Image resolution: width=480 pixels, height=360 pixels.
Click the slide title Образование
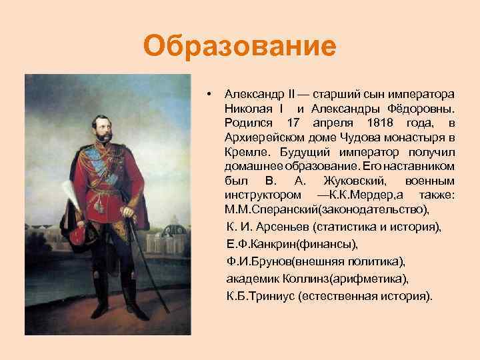[239, 47]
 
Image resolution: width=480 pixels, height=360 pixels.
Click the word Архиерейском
[261, 137]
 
